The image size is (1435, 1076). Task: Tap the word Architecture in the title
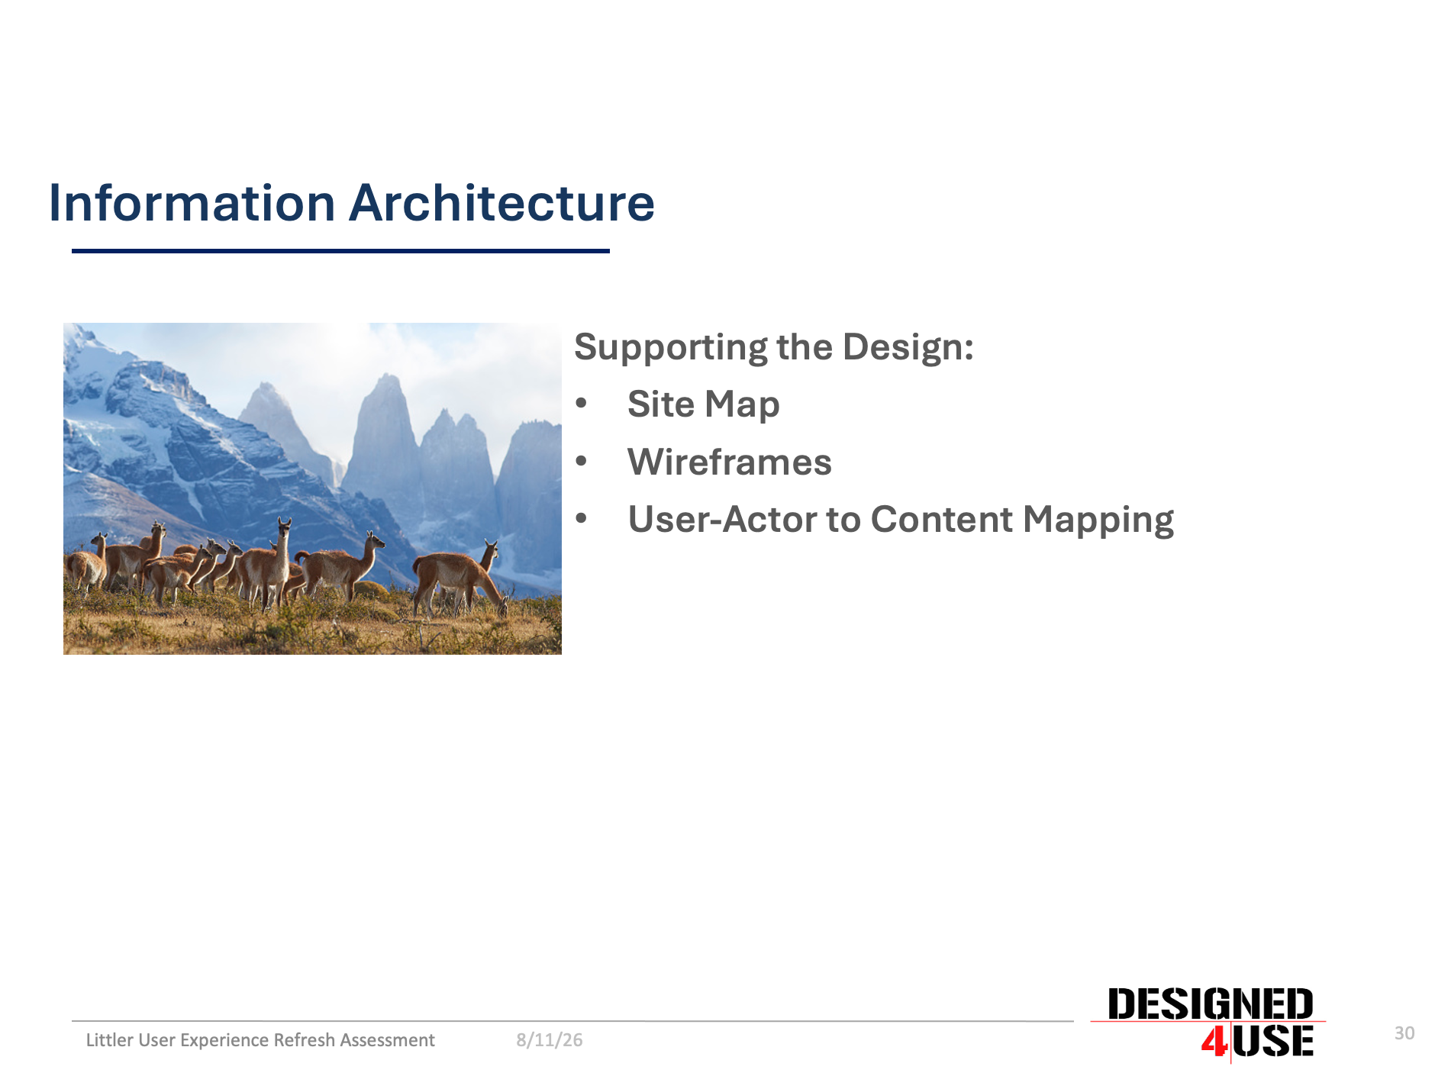(x=502, y=203)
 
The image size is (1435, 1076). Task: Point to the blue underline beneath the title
(x=340, y=250)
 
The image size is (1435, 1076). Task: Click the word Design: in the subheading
(x=908, y=347)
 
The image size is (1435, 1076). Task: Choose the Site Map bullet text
(x=703, y=404)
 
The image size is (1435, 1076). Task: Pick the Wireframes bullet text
(x=729, y=462)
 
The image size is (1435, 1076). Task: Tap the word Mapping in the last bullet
(x=1098, y=520)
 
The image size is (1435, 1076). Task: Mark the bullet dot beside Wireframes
(x=582, y=462)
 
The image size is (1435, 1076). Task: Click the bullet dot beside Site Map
(x=582, y=404)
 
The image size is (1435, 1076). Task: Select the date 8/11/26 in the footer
(x=549, y=1040)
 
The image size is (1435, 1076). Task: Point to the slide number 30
(x=1404, y=1033)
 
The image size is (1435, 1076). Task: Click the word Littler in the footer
(x=109, y=1040)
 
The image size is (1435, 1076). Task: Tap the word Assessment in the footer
(x=387, y=1040)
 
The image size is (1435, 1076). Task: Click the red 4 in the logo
(x=1214, y=1042)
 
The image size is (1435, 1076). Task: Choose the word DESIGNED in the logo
(x=1210, y=1004)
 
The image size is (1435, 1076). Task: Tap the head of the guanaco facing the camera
(x=285, y=527)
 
